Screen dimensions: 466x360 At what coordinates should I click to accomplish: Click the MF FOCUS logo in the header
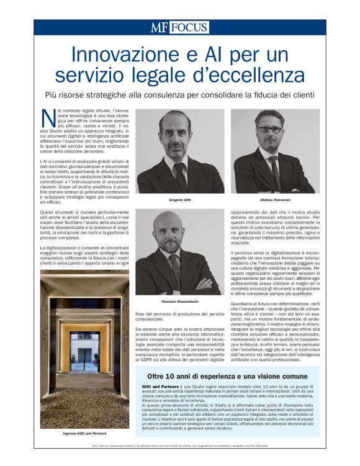(179, 27)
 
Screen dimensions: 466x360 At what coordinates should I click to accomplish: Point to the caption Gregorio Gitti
(180, 200)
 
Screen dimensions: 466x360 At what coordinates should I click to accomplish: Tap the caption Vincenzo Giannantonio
(180, 302)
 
